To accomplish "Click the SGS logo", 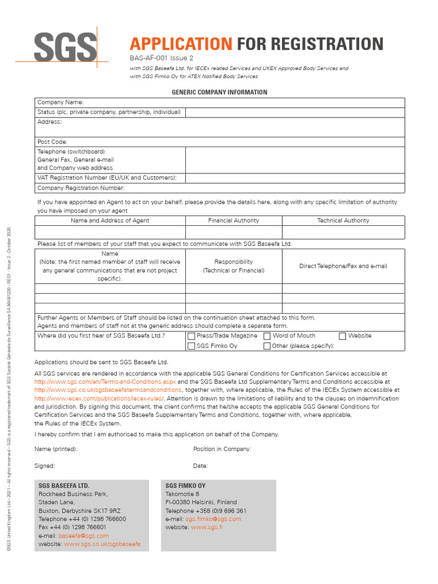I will pyautogui.click(x=64, y=46).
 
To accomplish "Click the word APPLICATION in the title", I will pyautogui.click(x=181, y=44).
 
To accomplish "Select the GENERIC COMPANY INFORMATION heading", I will pyautogui.click(x=220, y=92).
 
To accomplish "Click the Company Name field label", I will pyautogui.click(x=60, y=102).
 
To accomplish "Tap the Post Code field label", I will pyautogui.click(x=52, y=141).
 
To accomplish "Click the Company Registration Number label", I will pyautogui.click(x=80, y=188).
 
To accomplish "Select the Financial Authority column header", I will pyautogui.click(x=233, y=220).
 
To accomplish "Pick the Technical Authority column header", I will pyautogui.click(x=343, y=220).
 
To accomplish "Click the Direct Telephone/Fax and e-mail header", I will pyautogui.click(x=343, y=266).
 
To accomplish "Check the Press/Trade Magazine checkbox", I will pyautogui.click(x=191, y=336).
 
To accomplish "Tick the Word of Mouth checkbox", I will pyautogui.click(x=267, y=336).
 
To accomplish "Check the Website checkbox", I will pyautogui.click(x=342, y=336).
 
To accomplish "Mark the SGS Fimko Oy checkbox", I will pyautogui.click(x=191, y=346).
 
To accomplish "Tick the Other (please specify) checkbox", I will pyautogui.click(x=267, y=346).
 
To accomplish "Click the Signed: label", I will pyautogui.click(x=44, y=466).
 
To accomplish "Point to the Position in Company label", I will pyautogui.click(x=222, y=449).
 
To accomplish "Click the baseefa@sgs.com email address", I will pyautogui.click(x=83, y=536).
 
